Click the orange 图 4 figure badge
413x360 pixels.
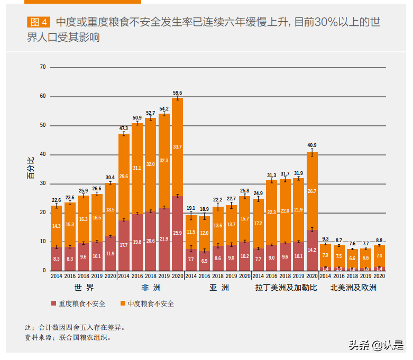pyautogui.click(x=39, y=22)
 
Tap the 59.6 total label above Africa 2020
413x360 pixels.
pyautogui.click(x=178, y=93)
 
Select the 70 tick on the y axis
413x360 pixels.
pyautogui.click(x=43, y=68)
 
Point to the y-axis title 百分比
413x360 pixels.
pyautogui.click(x=31, y=169)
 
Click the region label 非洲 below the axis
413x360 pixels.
pyautogui.click(x=151, y=288)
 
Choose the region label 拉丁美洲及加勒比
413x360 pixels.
pyautogui.click(x=286, y=288)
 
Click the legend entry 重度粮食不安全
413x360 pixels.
pyautogui.click(x=78, y=303)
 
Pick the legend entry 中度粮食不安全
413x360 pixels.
pyautogui.click(x=147, y=303)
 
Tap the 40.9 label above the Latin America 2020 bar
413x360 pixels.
pyautogui.click(x=312, y=145)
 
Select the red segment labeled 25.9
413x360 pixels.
pyautogui.click(x=178, y=233)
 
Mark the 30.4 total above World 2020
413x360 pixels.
pyautogui.click(x=111, y=178)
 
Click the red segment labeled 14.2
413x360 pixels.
pyautogui.click(x=312, y=250)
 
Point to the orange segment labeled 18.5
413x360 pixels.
pyautogui.click(x=111, y=210)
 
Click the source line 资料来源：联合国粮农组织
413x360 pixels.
pyautogui.click(x=68, y=337)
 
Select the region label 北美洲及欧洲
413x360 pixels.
pyautogui.click(x=353, y=288)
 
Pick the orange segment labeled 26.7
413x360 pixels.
pyautogui.click(x=312, y=191)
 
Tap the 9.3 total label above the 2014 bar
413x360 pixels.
pyautogui.click(x=325, y=239)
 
